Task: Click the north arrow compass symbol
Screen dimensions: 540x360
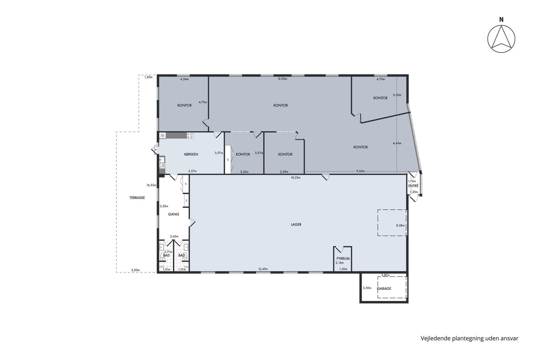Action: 501,39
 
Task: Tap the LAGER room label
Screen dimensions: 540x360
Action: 296,225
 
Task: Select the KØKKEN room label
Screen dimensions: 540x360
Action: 191,154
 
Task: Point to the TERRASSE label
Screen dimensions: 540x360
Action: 137,198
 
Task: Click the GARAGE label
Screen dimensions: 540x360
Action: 384,289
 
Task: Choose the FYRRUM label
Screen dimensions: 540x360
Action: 343,259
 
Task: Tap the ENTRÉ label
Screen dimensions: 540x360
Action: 413,186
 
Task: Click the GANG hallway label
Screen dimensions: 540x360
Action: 174,214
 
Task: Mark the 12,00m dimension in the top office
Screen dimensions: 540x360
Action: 282,79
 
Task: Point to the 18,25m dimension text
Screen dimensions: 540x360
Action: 296,178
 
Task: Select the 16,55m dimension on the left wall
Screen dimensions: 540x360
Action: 151,185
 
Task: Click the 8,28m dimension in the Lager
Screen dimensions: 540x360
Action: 400,226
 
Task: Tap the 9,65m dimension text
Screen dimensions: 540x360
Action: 361,171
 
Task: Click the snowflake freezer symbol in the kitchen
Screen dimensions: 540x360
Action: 163,135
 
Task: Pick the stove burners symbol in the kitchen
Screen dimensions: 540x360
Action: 190,135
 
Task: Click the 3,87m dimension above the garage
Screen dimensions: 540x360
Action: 385,275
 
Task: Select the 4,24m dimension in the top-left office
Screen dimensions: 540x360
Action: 184,79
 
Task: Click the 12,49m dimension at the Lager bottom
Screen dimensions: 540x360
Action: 263,269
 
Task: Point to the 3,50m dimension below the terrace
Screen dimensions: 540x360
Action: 135,270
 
